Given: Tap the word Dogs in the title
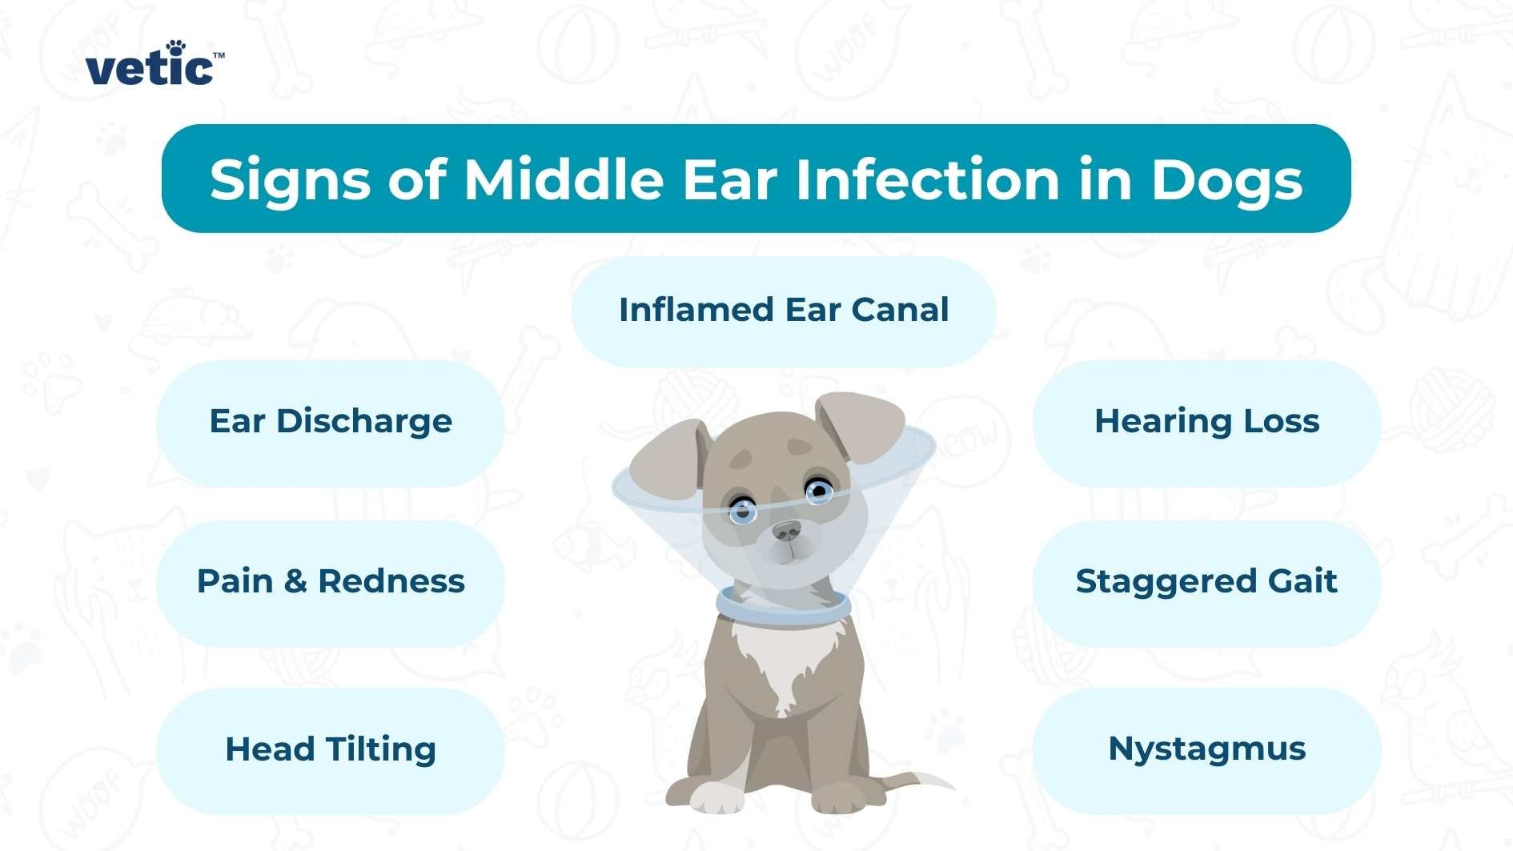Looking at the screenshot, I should (1226, 181).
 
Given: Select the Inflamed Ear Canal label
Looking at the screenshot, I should (784, 311).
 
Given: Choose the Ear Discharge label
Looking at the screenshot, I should (331, 422).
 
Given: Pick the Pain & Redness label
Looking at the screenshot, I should (331, 582).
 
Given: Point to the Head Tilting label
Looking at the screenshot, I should (331, 750).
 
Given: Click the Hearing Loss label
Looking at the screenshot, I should (1206, 422).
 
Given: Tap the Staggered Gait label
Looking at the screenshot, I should (1206, 582).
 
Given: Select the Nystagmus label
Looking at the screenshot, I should (1206, 749).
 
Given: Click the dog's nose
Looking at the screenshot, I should (786, 531).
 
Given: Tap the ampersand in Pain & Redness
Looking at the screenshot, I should (295, 582).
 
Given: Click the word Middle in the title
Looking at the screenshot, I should (564, 179).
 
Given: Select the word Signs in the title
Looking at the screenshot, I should (290, 181).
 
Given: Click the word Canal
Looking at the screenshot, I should (900, 311).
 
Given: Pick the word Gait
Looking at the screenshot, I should (1302, 582).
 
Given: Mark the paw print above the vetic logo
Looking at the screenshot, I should (176, 47).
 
